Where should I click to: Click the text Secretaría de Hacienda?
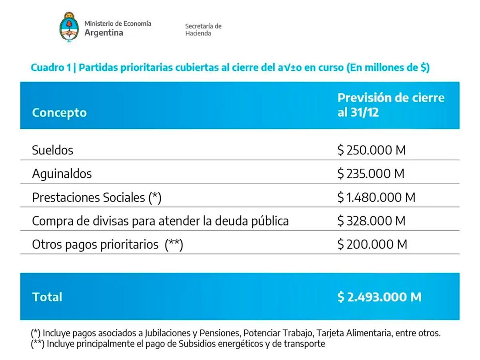[x=203, y=30]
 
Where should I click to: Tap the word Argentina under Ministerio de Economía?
[x=104, y=33]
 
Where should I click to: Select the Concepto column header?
[x=59, y=112]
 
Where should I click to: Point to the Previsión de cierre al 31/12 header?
[x=391, y=105]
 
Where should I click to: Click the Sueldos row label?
[x=52, y=150]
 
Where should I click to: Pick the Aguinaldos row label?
[x=62, y=174]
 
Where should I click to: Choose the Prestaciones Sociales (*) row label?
[x=96, y=197]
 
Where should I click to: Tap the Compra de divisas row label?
[x=160, y=221]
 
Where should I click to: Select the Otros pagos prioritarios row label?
[x=107, y=244]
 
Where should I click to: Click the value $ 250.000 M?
[x=371, y=150]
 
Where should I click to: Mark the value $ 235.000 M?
[x=371, y=174]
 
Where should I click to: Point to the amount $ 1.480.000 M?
[x=376, y=197]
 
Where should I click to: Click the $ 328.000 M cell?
[x=371, y=221]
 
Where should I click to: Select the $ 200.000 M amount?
[x=372, y=244]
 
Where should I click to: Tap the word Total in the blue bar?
[x=47, y=297]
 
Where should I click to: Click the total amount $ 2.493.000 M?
[x=379, y=297]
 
